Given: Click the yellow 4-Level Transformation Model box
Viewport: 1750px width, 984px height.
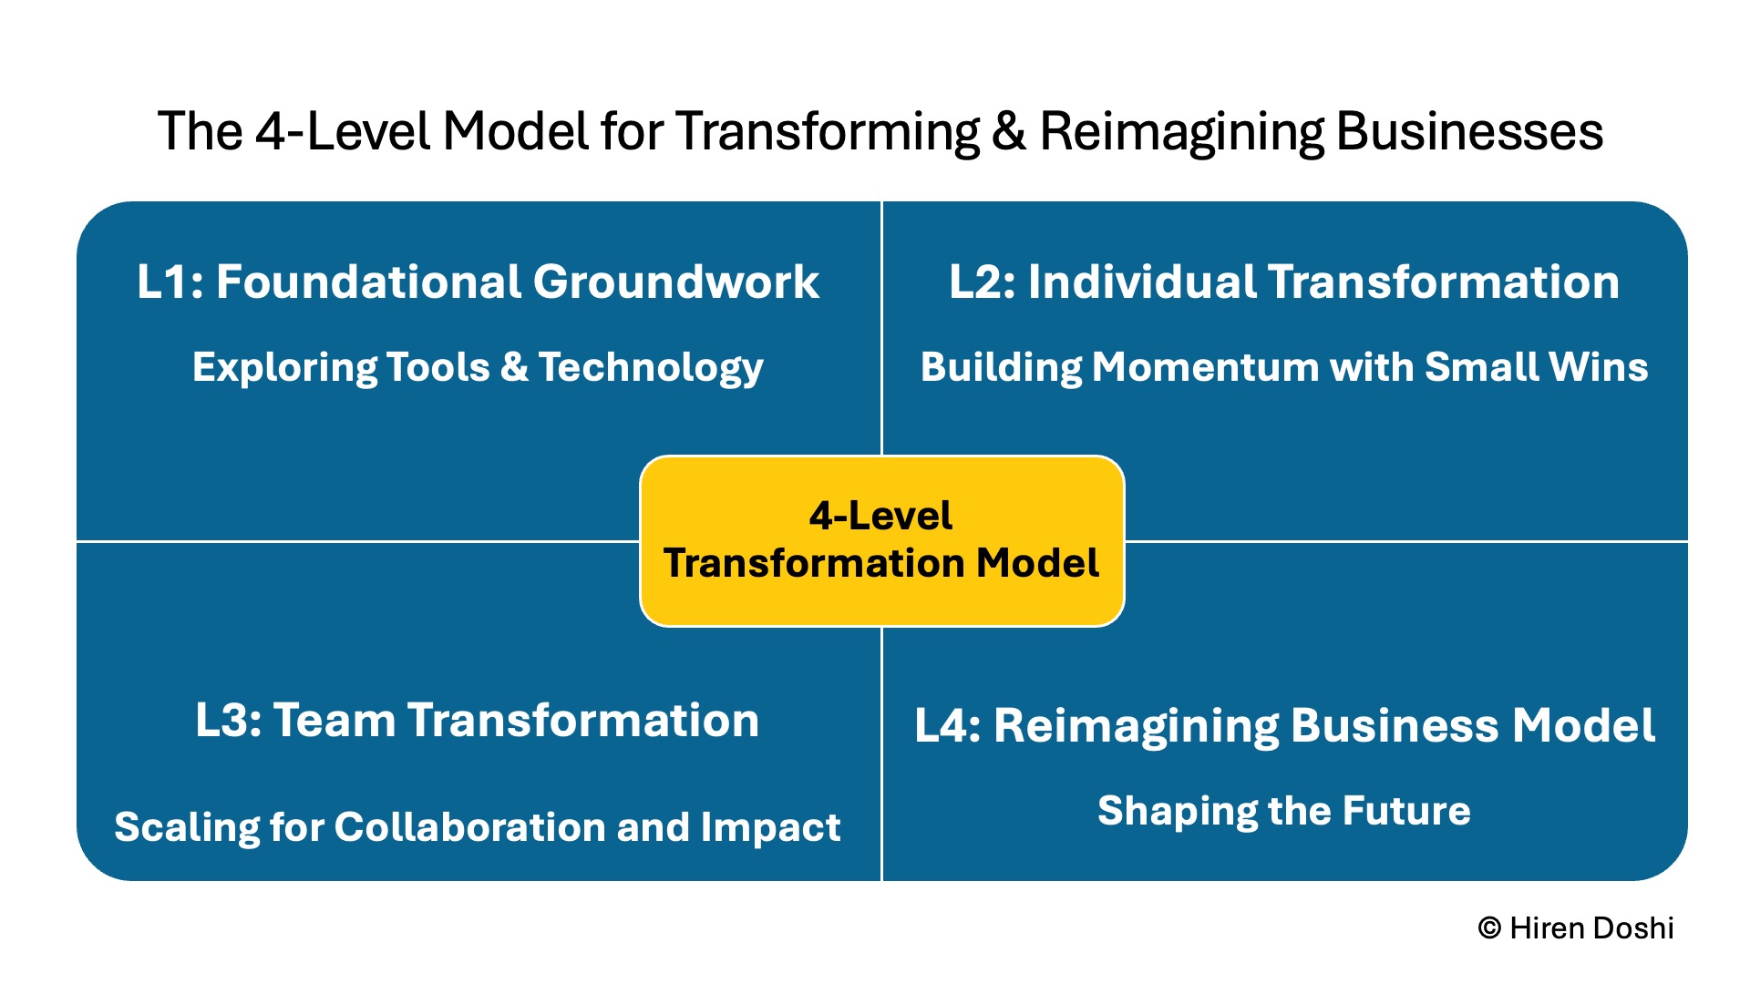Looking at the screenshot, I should pyautogui.click(x=881, y=540).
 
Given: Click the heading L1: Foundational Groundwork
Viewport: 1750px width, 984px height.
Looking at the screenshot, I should pyautogui.click(x=478, y=282).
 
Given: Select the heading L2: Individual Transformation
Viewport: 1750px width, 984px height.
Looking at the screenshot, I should pyautogui.click(x=1283, y=282).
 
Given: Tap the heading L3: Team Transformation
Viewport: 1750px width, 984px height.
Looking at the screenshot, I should pyautogui.click(x=477, y=720).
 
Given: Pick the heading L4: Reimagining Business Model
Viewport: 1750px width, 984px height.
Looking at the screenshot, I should pyautogui.click(x=1283, y=726).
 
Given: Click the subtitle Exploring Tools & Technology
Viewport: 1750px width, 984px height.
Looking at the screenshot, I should pyautogui.click(x=478, y=368).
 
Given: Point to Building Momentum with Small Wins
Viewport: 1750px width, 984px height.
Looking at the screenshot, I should pyautogui.click(x=1283, y=367).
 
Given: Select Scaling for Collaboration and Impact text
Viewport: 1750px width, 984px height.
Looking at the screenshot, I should pyautogui.click(x=477, y=827).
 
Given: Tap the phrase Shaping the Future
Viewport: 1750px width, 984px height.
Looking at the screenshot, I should pyautogui.click(x=1283, y=811).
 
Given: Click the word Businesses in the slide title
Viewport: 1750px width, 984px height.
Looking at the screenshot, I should pyautogui.click(x=1469, y=131).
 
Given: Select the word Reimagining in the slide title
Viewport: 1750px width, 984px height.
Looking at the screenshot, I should pyautogui.click(x=1181, y=133).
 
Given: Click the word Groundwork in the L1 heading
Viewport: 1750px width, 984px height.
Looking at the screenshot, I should pyautogui.click(x=675, y=282).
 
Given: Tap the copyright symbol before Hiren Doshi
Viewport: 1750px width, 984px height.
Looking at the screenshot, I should pyautogui.click(x=1489, y=928).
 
